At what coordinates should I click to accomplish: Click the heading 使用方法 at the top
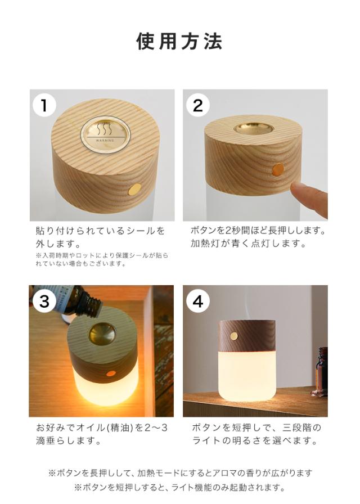coord(179,41)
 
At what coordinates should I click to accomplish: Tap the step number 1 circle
coord(44,105)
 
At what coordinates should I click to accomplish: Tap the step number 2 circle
coord(198,105)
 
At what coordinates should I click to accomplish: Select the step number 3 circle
coord(44,301)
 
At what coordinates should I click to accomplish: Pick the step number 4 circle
coord(198,301)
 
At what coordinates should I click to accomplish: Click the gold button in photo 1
coord(134,190)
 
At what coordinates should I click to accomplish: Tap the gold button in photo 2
coord(278,169)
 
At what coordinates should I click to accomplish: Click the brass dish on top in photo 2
coord(254,128)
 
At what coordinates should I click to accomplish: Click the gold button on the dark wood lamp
coord(235,336)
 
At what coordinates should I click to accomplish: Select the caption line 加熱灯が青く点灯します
coord(249,244)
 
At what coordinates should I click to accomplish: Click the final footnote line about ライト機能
coord(179,488)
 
